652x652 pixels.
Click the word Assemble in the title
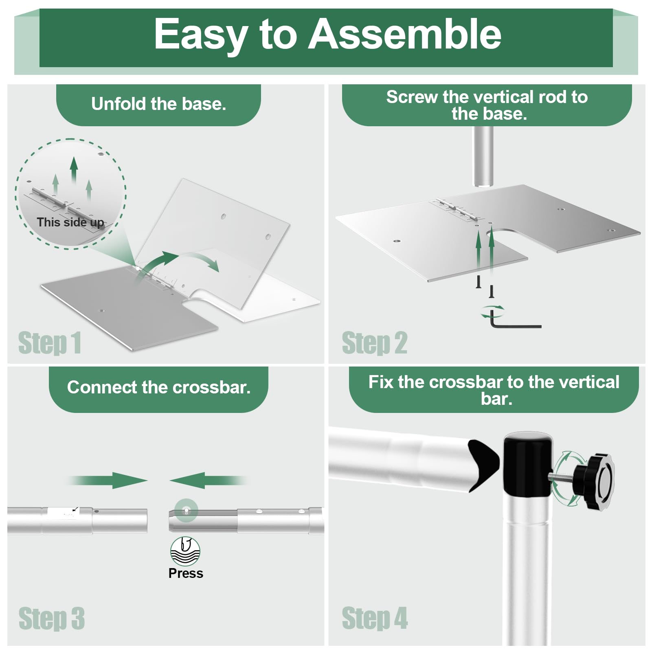coord(405,34)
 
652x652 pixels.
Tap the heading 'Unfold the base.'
coord(158,104)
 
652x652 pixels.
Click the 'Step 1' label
coord(50,343)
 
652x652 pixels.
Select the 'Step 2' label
coord(374,343)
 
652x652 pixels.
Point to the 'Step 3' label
coord(52,618)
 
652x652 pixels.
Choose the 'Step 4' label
coord(375,618)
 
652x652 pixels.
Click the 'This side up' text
coord(70,222)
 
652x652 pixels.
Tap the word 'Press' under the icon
coord(186,573)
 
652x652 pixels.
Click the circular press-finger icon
coord(185,551)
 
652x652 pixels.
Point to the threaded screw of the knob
coord(562,477)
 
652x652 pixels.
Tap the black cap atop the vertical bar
coord(527,464)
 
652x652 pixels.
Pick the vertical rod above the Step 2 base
coord(483,157)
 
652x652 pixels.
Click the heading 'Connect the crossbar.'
coord(158,387)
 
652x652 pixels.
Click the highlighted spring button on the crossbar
coord(186,510)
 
